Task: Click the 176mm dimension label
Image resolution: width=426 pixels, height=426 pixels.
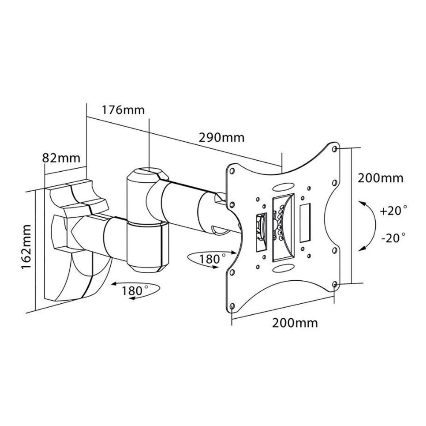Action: pyautogui.click(x=123, y=110)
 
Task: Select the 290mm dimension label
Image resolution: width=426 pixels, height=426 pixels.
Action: pyautogui.click(x=222, y=138)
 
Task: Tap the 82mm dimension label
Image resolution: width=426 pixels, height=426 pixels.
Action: pyautogui.click(x=61, y=158)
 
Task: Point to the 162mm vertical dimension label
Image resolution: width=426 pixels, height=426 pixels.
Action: pyautogui.click(x=26, y=246)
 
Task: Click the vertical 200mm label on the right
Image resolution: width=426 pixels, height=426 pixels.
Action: pyautogui.click(x=380, y=178)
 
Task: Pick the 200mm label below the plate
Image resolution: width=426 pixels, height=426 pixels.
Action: pyautogui.click(x=295, y=323)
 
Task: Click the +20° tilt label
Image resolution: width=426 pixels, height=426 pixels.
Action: pyautogui.click(x=393, y=211)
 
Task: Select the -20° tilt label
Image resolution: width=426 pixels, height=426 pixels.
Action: pyautogui.click(x=393, y=238)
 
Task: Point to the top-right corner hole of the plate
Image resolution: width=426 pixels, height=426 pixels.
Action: pyautogui.click(x=335, y=149)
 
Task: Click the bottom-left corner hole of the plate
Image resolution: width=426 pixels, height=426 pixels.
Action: pyautogui.click(x=232, y=306)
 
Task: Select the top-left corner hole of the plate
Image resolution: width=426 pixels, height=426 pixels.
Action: pyautogui.click(x=232, y=171)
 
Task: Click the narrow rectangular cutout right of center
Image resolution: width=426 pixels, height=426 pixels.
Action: pyautogui.click(x=304, y=223)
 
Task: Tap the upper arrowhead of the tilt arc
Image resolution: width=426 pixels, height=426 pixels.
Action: pyautogui.click(x=362, y=203)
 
